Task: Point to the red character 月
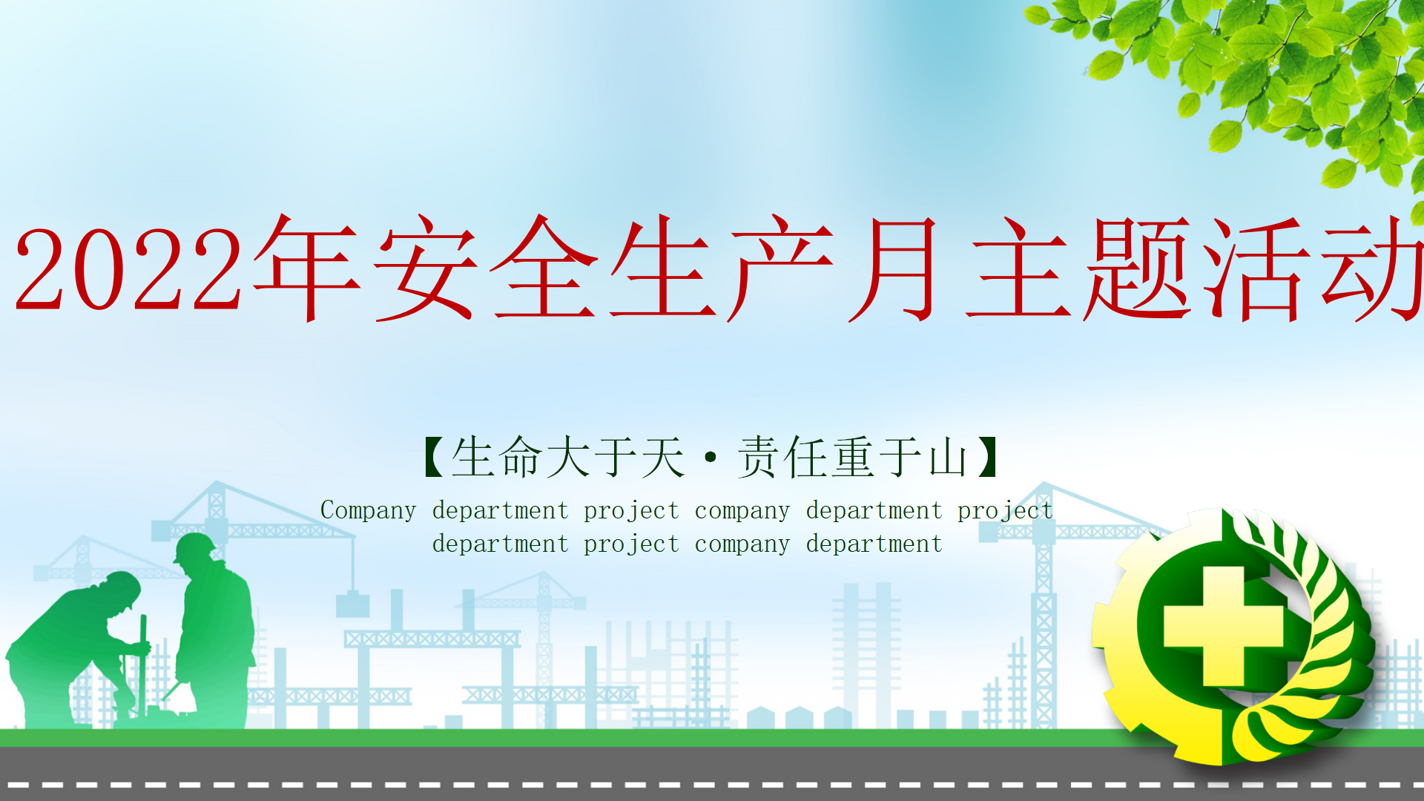pyautogui.click(x=896, y=268)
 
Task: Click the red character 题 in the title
pyautogui.click(x=1138, y=268)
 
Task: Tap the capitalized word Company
pyautogui.click(x=368, y=511)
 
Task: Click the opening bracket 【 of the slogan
pyautogui.click(x=434, y=457)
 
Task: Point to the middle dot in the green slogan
pyautogui.click(x=711, y=457)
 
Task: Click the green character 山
pyautogui.click(x=948, y=457)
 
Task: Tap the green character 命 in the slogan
pyautogui.click(x=521, y=457)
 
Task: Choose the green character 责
pyautogui.click(x=758, y=457)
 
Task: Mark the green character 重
pyautogui.click(x=853, y=457)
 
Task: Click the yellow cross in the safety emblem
pyautogui.click(x=1224, y=627)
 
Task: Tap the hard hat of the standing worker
pyautogui.click(x=194, y=547)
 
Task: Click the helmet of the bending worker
pyautogui.click(x=125, y=588)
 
